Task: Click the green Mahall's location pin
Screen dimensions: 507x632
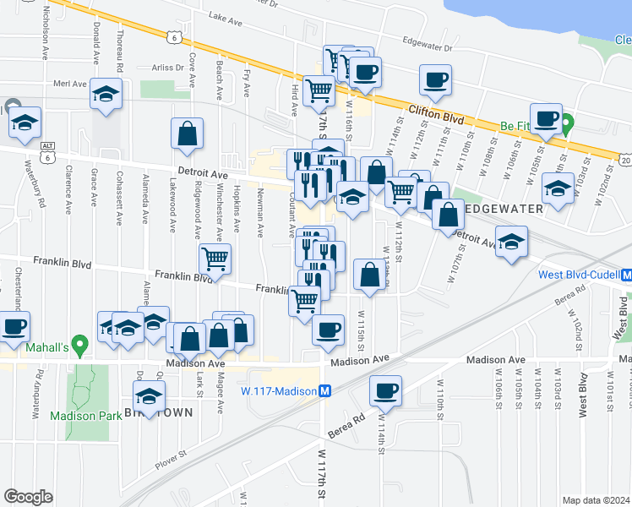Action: [79, 345]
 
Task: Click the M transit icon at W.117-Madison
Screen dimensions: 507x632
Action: [324, 390]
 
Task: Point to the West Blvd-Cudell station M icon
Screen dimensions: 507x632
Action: [626, 275]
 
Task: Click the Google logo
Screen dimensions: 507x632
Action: [28, 497]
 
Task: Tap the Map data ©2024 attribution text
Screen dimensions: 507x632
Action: [597, 500]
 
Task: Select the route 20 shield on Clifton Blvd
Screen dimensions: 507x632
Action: [624, 159]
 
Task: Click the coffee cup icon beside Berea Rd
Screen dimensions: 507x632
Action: [385, 391]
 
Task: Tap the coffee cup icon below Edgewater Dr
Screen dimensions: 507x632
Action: [436, 80]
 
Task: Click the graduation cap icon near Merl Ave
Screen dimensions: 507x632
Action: [106, 95]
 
